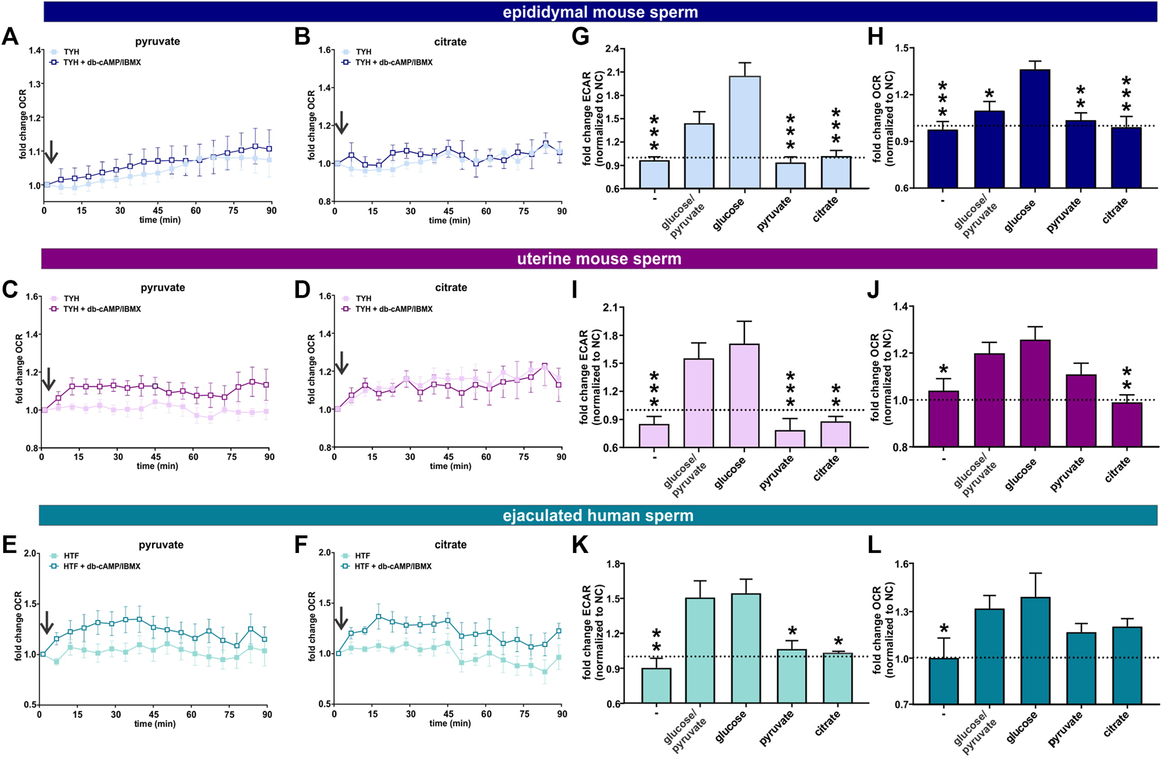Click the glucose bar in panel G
pos(745,133)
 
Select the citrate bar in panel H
pos(1127,157)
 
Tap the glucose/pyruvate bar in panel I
pos(699,403)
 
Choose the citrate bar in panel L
pos(1127,665)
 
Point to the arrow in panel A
pos(50,152)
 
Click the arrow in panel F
pos(341,619)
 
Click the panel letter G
pos(580,36)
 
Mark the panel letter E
pos(9,544)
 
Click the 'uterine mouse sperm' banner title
pos(599,258)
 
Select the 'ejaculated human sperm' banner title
pos(598,516)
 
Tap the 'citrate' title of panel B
pos(451,41)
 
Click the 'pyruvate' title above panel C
pos(163,287)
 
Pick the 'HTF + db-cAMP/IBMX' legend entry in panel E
pos(101,566)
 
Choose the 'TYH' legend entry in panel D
pos(363,298)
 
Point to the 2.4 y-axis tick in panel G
pos(612,49)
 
